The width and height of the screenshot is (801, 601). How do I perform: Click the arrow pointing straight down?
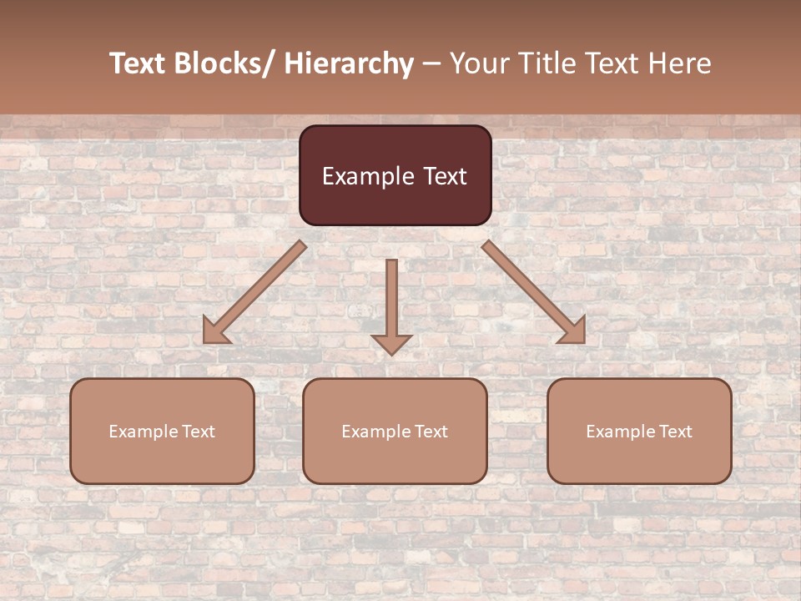pyautogui.click(x=391, y=306)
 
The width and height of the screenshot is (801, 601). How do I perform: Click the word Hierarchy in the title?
pyautogui.click(x=349, y=64)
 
